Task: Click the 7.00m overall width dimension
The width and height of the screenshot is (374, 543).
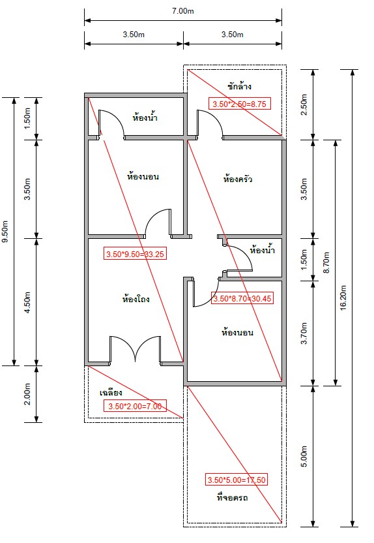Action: pos(183,11)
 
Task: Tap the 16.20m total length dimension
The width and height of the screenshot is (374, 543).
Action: pos(343,298)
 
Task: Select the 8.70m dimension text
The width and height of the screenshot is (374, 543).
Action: pos(326,262)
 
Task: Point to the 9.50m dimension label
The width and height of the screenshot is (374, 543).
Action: pos(5,231)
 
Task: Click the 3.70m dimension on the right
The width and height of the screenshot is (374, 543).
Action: pos(304,333)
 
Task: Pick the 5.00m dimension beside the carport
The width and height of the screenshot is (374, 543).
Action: pos(304,456)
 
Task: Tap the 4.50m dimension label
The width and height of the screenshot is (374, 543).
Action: pos(27,302)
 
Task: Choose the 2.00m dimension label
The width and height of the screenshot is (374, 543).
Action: pos(27,394)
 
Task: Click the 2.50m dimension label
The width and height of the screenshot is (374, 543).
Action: pos(304,104)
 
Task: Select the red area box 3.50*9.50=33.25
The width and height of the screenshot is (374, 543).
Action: pos(135,254)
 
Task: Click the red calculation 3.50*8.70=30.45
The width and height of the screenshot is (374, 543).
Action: pos(242,298)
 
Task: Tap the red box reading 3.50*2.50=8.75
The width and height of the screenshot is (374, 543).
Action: pos(239,104)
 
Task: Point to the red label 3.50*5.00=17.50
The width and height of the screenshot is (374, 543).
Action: pos(237,480)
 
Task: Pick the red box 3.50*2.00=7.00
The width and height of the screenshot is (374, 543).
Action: pos(135,406)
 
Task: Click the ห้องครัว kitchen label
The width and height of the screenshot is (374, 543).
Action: pos(237,179)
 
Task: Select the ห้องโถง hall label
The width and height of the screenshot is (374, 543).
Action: pos(136,298)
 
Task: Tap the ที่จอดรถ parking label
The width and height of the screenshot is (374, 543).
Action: pos(232,497)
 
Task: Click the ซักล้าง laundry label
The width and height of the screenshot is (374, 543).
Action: pos(239,86)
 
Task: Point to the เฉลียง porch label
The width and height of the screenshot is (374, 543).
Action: pos(111,393)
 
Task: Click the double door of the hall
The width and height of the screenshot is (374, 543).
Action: pos(135,349)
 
